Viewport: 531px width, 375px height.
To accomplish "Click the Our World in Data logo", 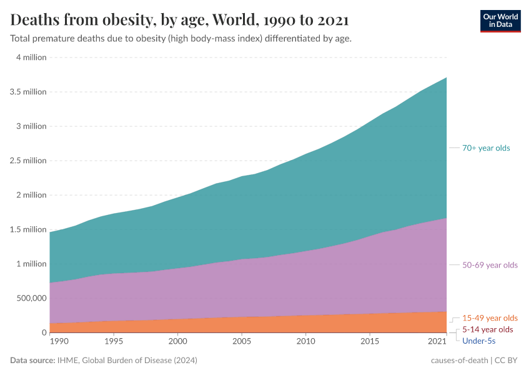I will point(500,21).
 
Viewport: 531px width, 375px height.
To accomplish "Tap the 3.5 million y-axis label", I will point(28,91).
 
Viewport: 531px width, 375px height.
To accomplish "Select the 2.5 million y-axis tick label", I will point(28,161).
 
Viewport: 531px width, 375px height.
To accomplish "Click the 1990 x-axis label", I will point(59,342).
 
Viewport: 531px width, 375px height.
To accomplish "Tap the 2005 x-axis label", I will point(242,342).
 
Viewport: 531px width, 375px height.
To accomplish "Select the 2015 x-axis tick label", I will point(370,342).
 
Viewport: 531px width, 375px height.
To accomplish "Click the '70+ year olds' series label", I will point(486,148).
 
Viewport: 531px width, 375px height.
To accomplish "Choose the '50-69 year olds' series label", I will point(490,265).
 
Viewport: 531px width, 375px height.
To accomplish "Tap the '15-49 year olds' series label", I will point(490,317).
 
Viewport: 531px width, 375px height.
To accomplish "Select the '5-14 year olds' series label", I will point(487,329).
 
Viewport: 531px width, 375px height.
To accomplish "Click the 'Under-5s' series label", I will point(479,341).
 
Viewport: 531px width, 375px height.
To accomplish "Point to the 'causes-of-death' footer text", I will point(459,361).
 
